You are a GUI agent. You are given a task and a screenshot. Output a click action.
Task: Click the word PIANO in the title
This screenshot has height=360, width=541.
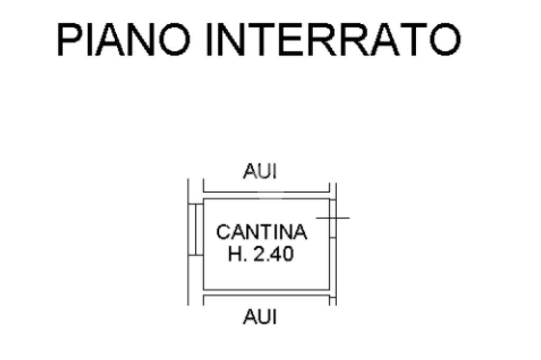[124, 39]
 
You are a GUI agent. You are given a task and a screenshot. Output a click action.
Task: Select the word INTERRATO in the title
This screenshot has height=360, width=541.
[333, 39]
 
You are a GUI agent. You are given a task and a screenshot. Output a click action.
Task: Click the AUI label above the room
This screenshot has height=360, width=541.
[260, 171]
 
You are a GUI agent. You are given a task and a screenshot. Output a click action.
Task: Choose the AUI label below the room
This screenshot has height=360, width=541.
[260, 317]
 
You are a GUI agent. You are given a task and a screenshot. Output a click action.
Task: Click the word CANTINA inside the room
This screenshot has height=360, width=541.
[262, 232]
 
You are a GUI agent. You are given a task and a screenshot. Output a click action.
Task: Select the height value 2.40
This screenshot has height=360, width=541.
[273, 254]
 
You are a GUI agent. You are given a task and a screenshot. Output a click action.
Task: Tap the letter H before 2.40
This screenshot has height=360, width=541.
[236, 254]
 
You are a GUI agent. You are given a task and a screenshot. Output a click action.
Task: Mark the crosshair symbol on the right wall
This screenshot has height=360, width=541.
[333, 218]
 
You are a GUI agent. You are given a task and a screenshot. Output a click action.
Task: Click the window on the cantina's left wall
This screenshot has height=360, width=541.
[196, 230]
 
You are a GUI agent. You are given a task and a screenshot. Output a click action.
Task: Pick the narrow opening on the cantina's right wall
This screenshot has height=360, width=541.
[333, 219]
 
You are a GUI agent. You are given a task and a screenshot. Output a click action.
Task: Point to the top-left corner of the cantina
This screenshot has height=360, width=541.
[203, 198]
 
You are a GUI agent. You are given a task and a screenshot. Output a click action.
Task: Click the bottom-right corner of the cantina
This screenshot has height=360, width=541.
[330, 290]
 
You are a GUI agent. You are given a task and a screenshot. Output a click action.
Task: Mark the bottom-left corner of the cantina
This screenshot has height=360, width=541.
[203, 290]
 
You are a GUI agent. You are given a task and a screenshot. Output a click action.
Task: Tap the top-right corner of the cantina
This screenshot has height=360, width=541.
[330, 198]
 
